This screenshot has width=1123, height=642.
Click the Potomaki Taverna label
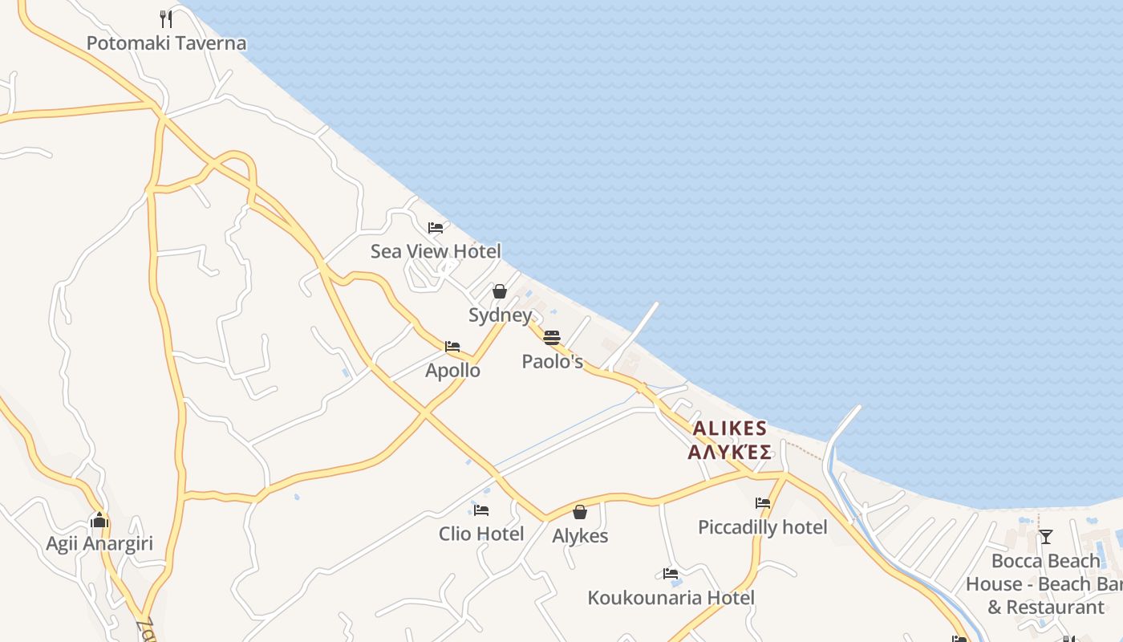point(166,43)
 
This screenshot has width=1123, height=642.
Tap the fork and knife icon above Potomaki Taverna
point(166,18)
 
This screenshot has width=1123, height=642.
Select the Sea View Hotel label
point(436,251)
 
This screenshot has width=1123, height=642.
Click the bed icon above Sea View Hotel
point(436,228)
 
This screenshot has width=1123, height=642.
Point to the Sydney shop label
point(500,315)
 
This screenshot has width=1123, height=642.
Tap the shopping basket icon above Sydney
point(500,291)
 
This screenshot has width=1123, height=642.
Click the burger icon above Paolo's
point(552,337)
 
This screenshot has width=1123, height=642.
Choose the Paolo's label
point(552,362)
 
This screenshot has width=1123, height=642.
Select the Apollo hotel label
point(452,371)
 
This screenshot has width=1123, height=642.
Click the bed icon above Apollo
point(452,347)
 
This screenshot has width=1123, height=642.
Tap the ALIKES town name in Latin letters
point(729,429)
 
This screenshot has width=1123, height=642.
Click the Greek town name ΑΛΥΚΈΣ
point(729,452)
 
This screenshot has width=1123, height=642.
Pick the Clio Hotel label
point(481,534)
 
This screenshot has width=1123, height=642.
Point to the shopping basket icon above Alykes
point(580,512)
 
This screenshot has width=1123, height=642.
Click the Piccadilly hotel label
point(762,527)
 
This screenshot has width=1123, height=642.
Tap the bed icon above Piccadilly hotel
point(762,503)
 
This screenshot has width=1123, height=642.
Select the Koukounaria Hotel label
point(671,598)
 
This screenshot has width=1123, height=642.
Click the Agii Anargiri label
point(99,544)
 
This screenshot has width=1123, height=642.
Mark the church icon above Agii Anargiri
point(99,520)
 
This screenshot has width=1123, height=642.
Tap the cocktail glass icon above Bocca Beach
point(1045,536)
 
